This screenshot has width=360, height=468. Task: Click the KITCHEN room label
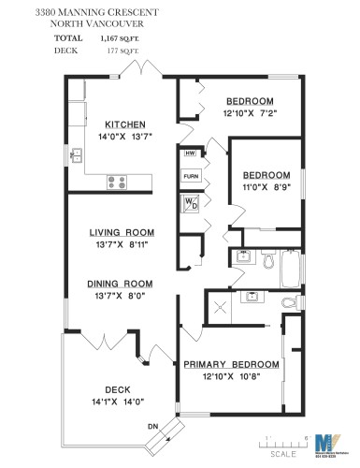[x=123, y=124]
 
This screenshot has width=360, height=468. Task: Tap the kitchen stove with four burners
[x=118, y=183]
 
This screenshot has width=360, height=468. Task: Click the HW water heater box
[x=191, y=154]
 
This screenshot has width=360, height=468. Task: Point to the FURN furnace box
[x=191, y=176]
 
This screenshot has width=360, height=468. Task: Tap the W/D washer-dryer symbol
[x=191, y=203]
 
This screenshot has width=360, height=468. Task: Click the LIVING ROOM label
[x=122, y=232]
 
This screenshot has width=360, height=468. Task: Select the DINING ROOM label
[x=120, y=284]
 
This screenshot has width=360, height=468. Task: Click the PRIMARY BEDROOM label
[x=232, y=364]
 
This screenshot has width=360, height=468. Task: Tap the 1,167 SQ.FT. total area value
[x=118, y=39]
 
